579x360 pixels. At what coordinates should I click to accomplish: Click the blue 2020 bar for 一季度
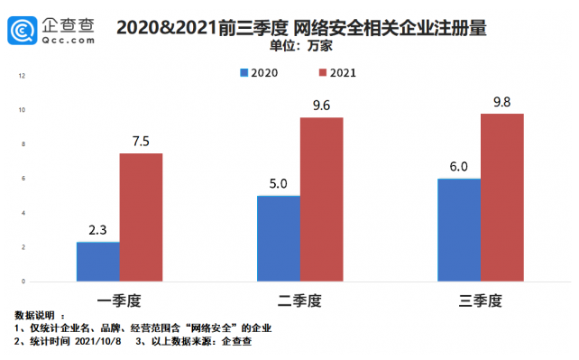[x=97, y=262]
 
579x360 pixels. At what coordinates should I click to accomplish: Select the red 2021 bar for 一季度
[x=141, y=217]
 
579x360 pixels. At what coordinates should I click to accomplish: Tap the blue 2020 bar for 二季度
[x=278, y=238]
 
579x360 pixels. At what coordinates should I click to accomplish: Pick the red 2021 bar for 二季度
[x=321, y=199]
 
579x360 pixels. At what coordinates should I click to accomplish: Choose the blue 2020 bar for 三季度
[x=458, y=230]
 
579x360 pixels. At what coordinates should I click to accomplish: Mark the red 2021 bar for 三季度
[x=501, y=198]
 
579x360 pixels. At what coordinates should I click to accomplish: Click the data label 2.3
[x=97, y=229]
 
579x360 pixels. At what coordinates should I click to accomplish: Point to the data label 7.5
[x=141, y=140]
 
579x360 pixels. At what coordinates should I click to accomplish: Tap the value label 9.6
[x=321, y=105]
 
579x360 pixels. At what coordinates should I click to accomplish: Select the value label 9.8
[x=501, y=101]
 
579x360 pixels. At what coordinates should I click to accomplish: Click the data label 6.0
[x=458, y=166]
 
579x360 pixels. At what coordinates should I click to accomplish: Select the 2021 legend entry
[x=333, y=71]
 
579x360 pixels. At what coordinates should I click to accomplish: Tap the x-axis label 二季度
[x=299, y=297]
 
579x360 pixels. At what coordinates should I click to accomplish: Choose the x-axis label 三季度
[x=480, y=297]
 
